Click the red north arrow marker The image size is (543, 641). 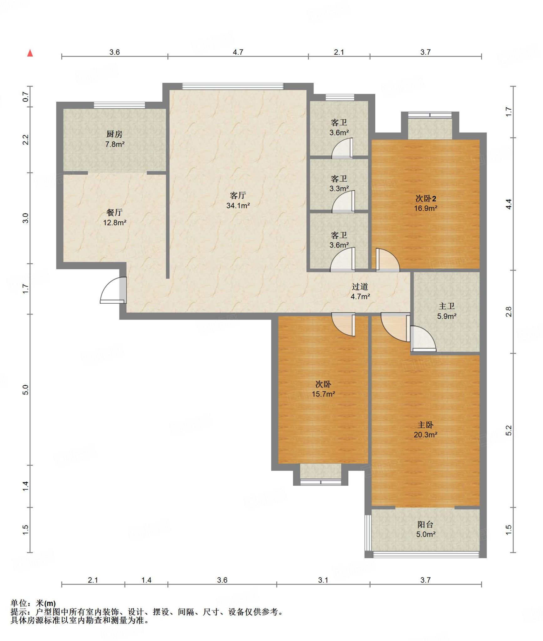pos(30,53)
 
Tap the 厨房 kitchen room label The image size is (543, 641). pos(114,134)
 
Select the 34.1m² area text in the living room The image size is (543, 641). pos(238,206)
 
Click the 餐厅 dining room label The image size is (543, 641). pos(114,213)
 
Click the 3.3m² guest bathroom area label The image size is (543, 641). pos(339,188)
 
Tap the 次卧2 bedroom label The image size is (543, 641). pos(426,198)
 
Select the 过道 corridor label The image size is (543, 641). pos(360,286)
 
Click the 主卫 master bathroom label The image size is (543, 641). pos(447,306)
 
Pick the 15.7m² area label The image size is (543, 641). pos(323,394)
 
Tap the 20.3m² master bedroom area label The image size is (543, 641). pos(425,435)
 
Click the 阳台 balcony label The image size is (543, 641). pos(425,524)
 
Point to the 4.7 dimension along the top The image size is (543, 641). pos(238,52)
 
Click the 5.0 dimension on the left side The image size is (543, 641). pos(26,390)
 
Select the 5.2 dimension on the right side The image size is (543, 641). pos(509,430)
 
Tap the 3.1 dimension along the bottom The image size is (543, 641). pos(323,580)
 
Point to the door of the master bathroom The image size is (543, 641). pos(423,339)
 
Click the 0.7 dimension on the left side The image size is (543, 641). pos(26,97)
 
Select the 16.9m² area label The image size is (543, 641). pos(426,208)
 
